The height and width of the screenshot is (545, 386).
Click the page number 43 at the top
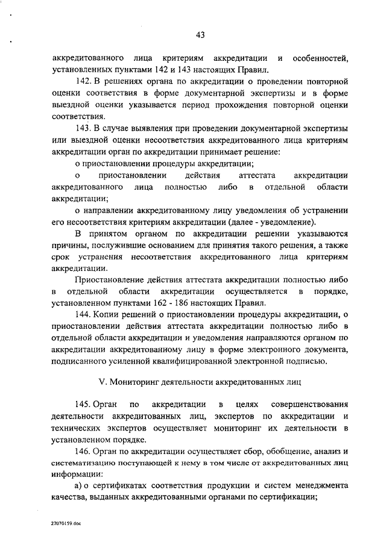(x=200, y=35)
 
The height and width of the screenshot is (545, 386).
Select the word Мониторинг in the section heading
(x=132, y=382)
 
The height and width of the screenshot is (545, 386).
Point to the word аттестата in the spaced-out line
(x=258, y=175)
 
